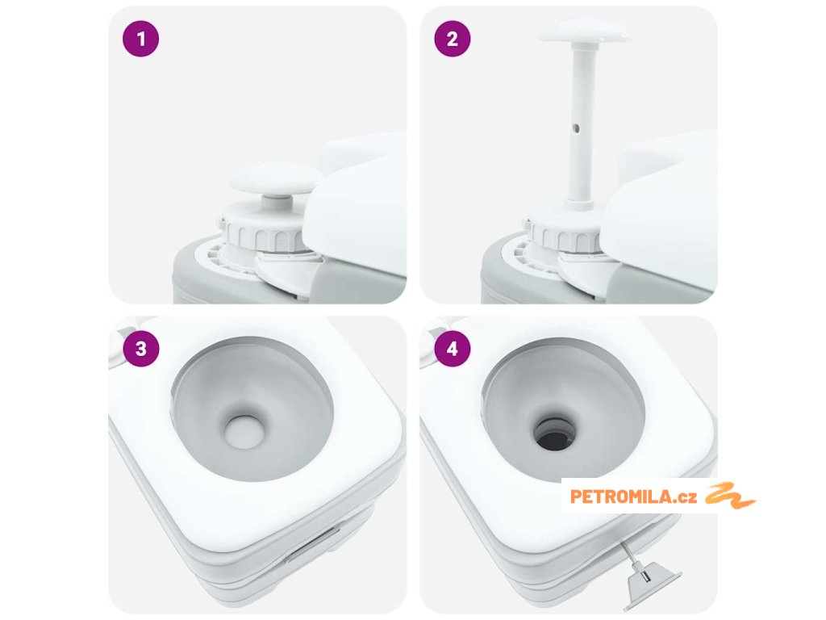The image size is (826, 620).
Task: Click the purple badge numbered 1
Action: (140, 39)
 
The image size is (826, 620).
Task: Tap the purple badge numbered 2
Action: (452, 39)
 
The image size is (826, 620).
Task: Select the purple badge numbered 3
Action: (140, 349)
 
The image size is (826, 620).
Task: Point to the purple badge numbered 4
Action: (452, 349)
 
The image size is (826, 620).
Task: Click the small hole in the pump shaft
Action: (576, 128)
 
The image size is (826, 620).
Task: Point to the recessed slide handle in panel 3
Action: (313, 542)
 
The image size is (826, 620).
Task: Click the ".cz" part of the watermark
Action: (686, 497)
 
